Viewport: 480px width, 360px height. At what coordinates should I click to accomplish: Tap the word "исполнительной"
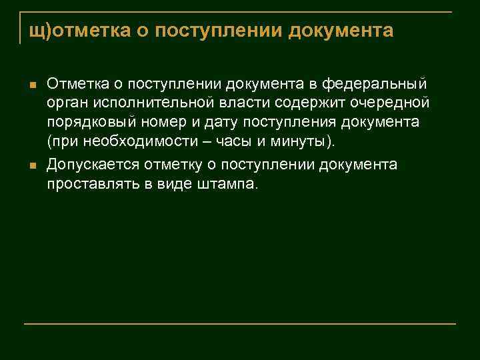tap(143, 104)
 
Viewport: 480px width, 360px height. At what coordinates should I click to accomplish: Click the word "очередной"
tap(392, 104)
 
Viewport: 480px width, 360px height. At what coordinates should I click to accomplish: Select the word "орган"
tap(65, 104)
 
